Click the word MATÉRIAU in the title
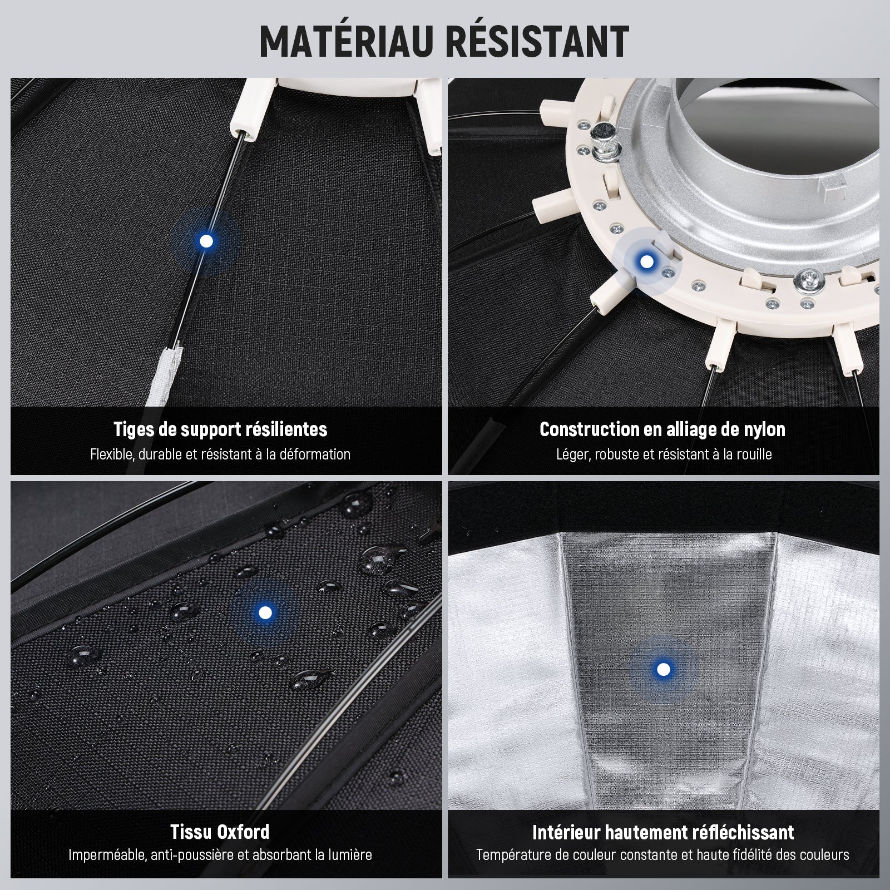(x=346, y=41)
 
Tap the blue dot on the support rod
(x=206, y=241)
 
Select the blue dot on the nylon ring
(x=646, y=261)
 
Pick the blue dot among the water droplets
(x=265, y=612)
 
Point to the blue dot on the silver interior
(x=663, y=669)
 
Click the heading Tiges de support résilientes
(x=220, y=429)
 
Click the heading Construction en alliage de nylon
(x=662, y=429)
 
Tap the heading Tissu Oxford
(x=220, y=832)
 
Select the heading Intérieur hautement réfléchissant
(x=663, y=832)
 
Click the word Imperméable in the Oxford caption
(x=108, y=855)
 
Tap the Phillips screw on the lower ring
(x=809, y=281)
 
